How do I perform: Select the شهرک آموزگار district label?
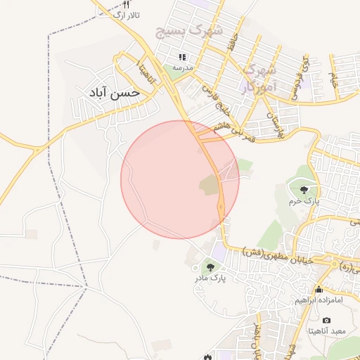pos(258,78)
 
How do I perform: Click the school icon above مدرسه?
pos(182,57)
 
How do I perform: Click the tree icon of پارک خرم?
pos(304,190)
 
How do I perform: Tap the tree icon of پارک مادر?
pos(210,267)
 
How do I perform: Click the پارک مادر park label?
pos(210,279)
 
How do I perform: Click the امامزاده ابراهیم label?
pos(319,300)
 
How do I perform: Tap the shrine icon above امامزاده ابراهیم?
pos(319,289)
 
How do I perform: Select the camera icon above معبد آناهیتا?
pos(326,321)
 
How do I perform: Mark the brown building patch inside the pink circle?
pos(210,186)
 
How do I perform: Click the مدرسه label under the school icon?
pos(183,67)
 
